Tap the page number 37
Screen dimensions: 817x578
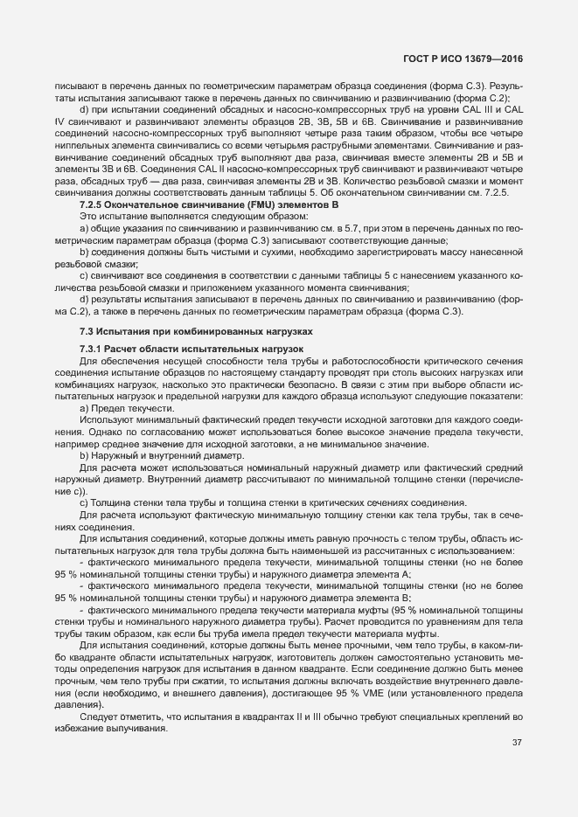point(516,743)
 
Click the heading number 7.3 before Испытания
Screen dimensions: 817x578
point(86,333)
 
